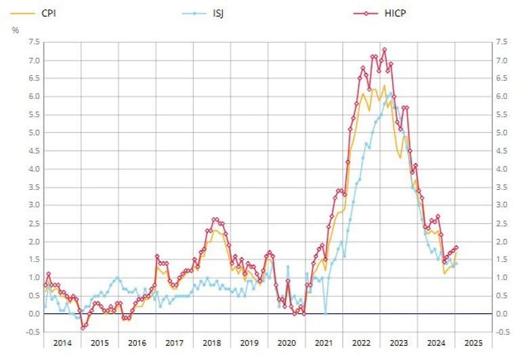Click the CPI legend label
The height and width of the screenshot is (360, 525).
pyautogui.click(x=49, y=13)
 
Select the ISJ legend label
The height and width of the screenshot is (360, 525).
pyautogui.click(x=218, y=13)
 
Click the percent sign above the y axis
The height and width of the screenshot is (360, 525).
pyautogui.click(x=15, y=30)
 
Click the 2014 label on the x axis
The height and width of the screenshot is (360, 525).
pyautogui.click(x=62, y=343)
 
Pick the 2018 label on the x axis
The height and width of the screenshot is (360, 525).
pyautogui.click(x=211, y=343)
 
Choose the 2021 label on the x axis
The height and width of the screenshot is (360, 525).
pyautogui.click(x=324, y=343)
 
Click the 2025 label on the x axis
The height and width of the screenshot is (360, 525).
pyautogui.click(x=474, y=343)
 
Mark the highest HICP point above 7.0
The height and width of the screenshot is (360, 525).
pyautogui.click(x=384, y=49)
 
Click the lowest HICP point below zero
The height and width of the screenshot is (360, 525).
pyautogui.click(x=83, y=327)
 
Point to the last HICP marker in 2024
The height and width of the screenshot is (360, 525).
pyautogui.click(x=456, y=247)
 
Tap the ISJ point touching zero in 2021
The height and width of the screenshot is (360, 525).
pyautogui.click(x=326, y=313)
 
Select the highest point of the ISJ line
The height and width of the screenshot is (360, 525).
pyautogui.click(x=390, y=94)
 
